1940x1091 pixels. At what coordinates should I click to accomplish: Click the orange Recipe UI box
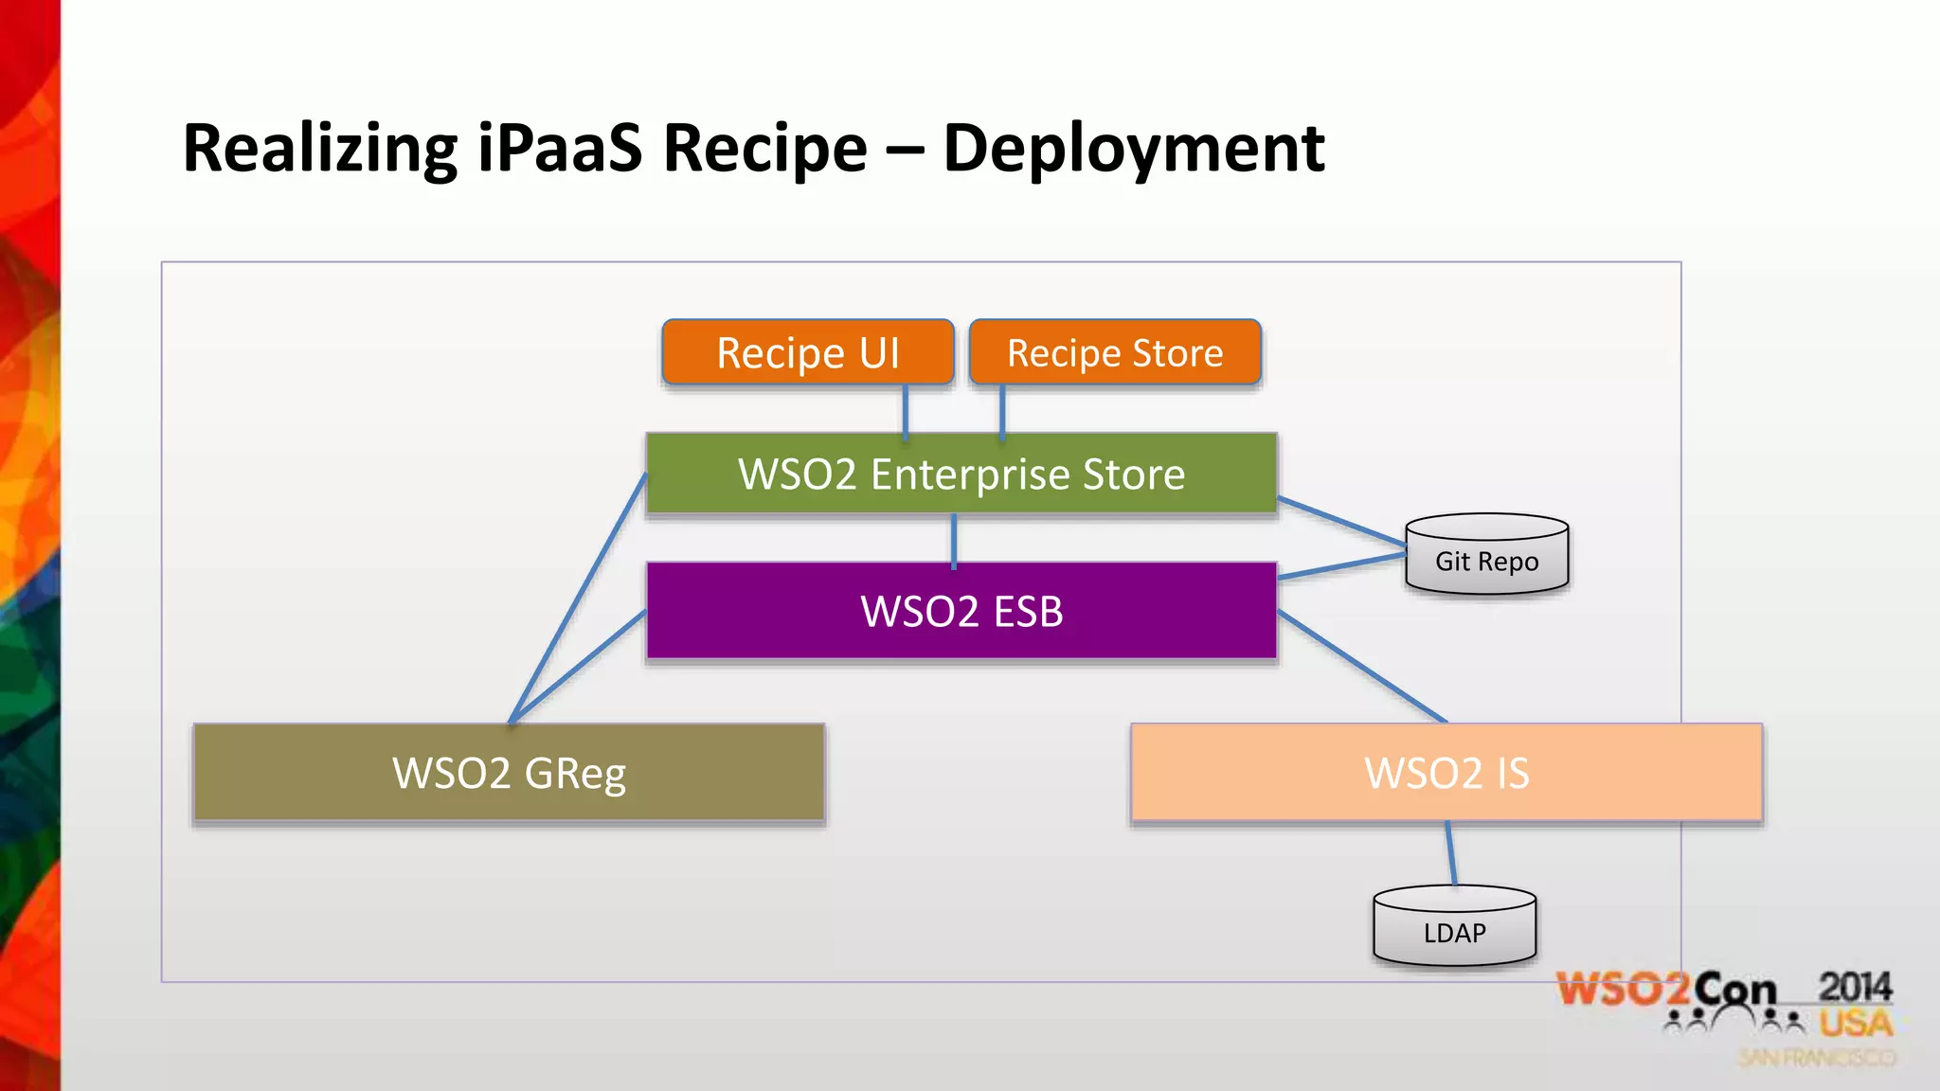point(807,352)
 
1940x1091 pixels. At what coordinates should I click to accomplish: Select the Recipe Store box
point(1115,352)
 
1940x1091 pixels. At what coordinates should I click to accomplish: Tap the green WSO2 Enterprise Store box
point(961,474)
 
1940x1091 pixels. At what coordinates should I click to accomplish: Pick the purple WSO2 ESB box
point(961,611)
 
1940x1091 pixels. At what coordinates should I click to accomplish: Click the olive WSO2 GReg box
point(509,773)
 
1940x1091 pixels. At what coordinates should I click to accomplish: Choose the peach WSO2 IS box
point(1446,773)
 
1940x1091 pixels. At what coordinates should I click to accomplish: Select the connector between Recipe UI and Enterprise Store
point(906,409)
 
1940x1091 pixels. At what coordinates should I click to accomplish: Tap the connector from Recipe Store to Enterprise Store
point(1002,409)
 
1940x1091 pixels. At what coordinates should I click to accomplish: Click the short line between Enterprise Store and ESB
point(954,539)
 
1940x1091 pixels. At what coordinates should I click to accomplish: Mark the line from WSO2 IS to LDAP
point(1451,853)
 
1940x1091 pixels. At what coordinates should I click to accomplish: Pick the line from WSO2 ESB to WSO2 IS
point(1362,667)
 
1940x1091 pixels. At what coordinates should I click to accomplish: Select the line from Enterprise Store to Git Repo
point(1341,522)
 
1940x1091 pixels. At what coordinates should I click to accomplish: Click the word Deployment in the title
point(1133,149)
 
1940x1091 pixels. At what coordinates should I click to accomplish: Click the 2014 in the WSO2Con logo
point(1854,988)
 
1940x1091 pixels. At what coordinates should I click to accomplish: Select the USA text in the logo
point(1855,1024)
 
